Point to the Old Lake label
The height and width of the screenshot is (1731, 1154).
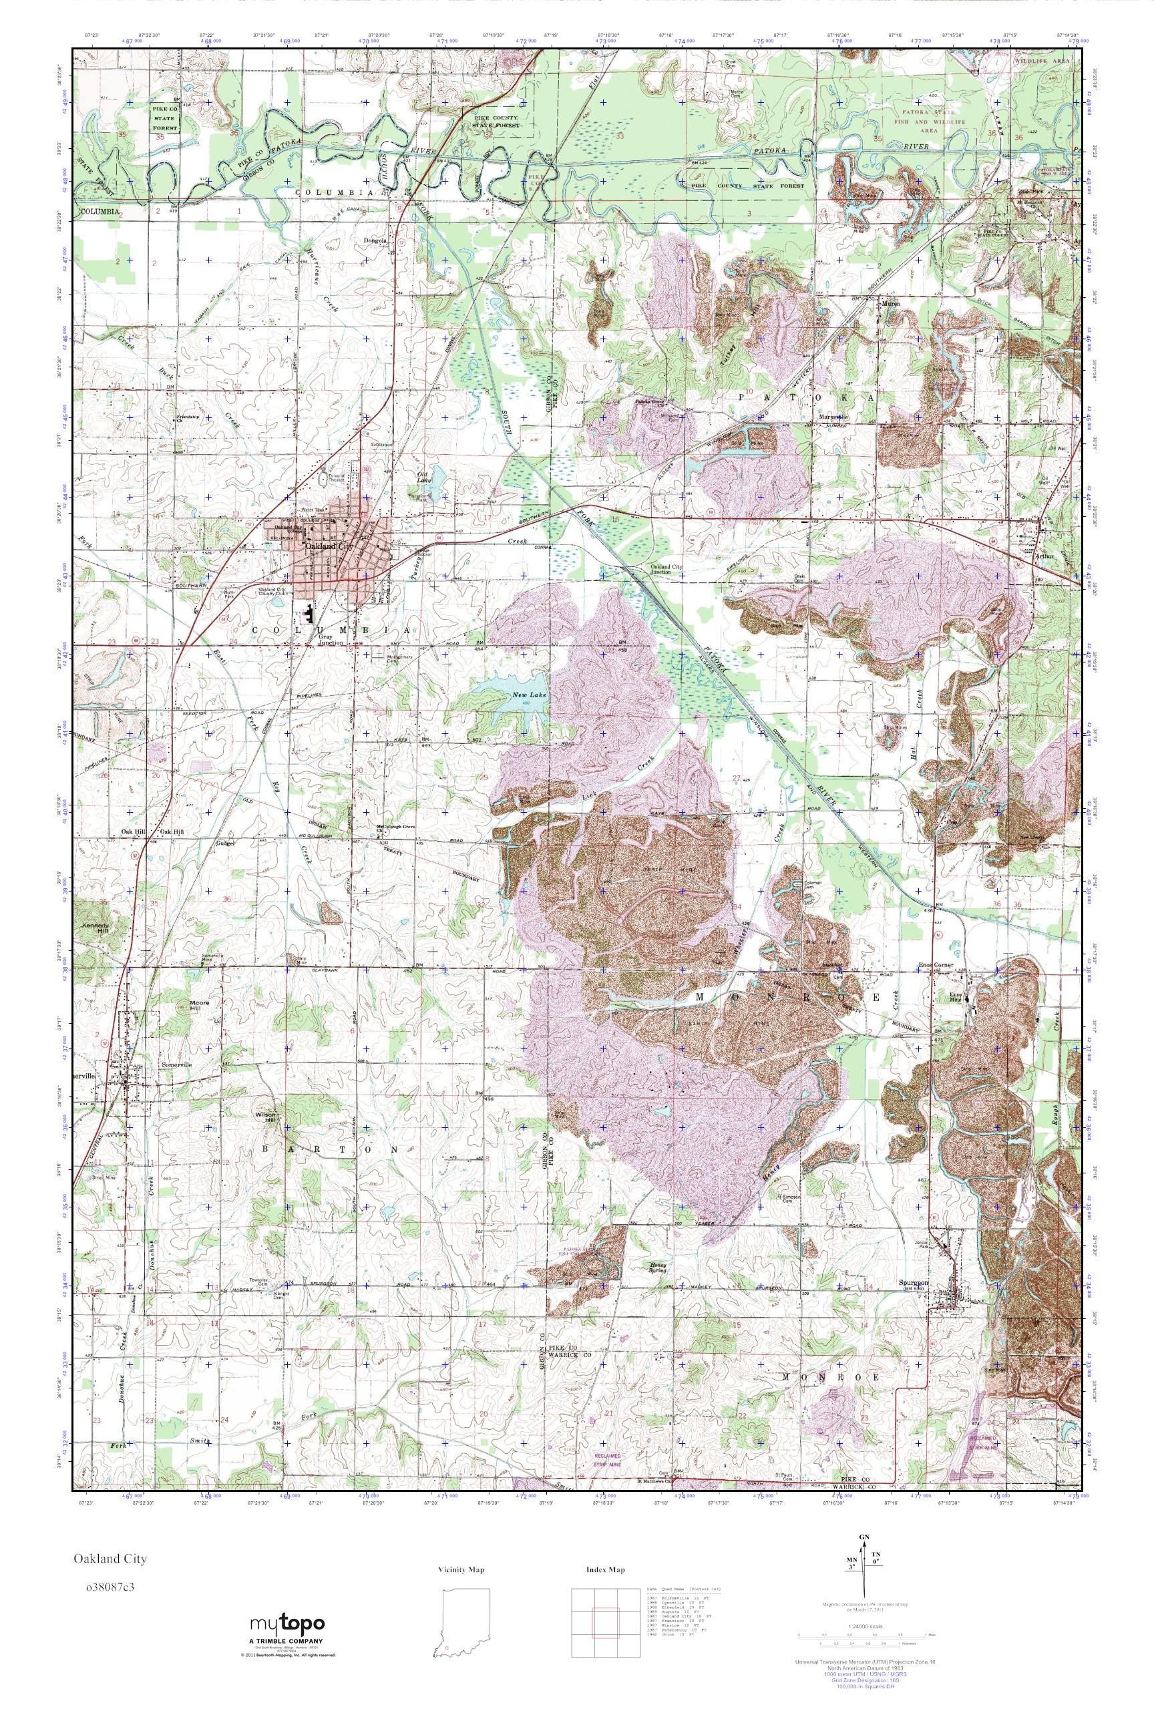pyautogui.click(x=423, y=477)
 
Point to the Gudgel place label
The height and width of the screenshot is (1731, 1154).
pyautogui.click(x=224, y=843)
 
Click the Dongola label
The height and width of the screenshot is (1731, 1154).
pyautogui.click(x=375, y=240)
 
